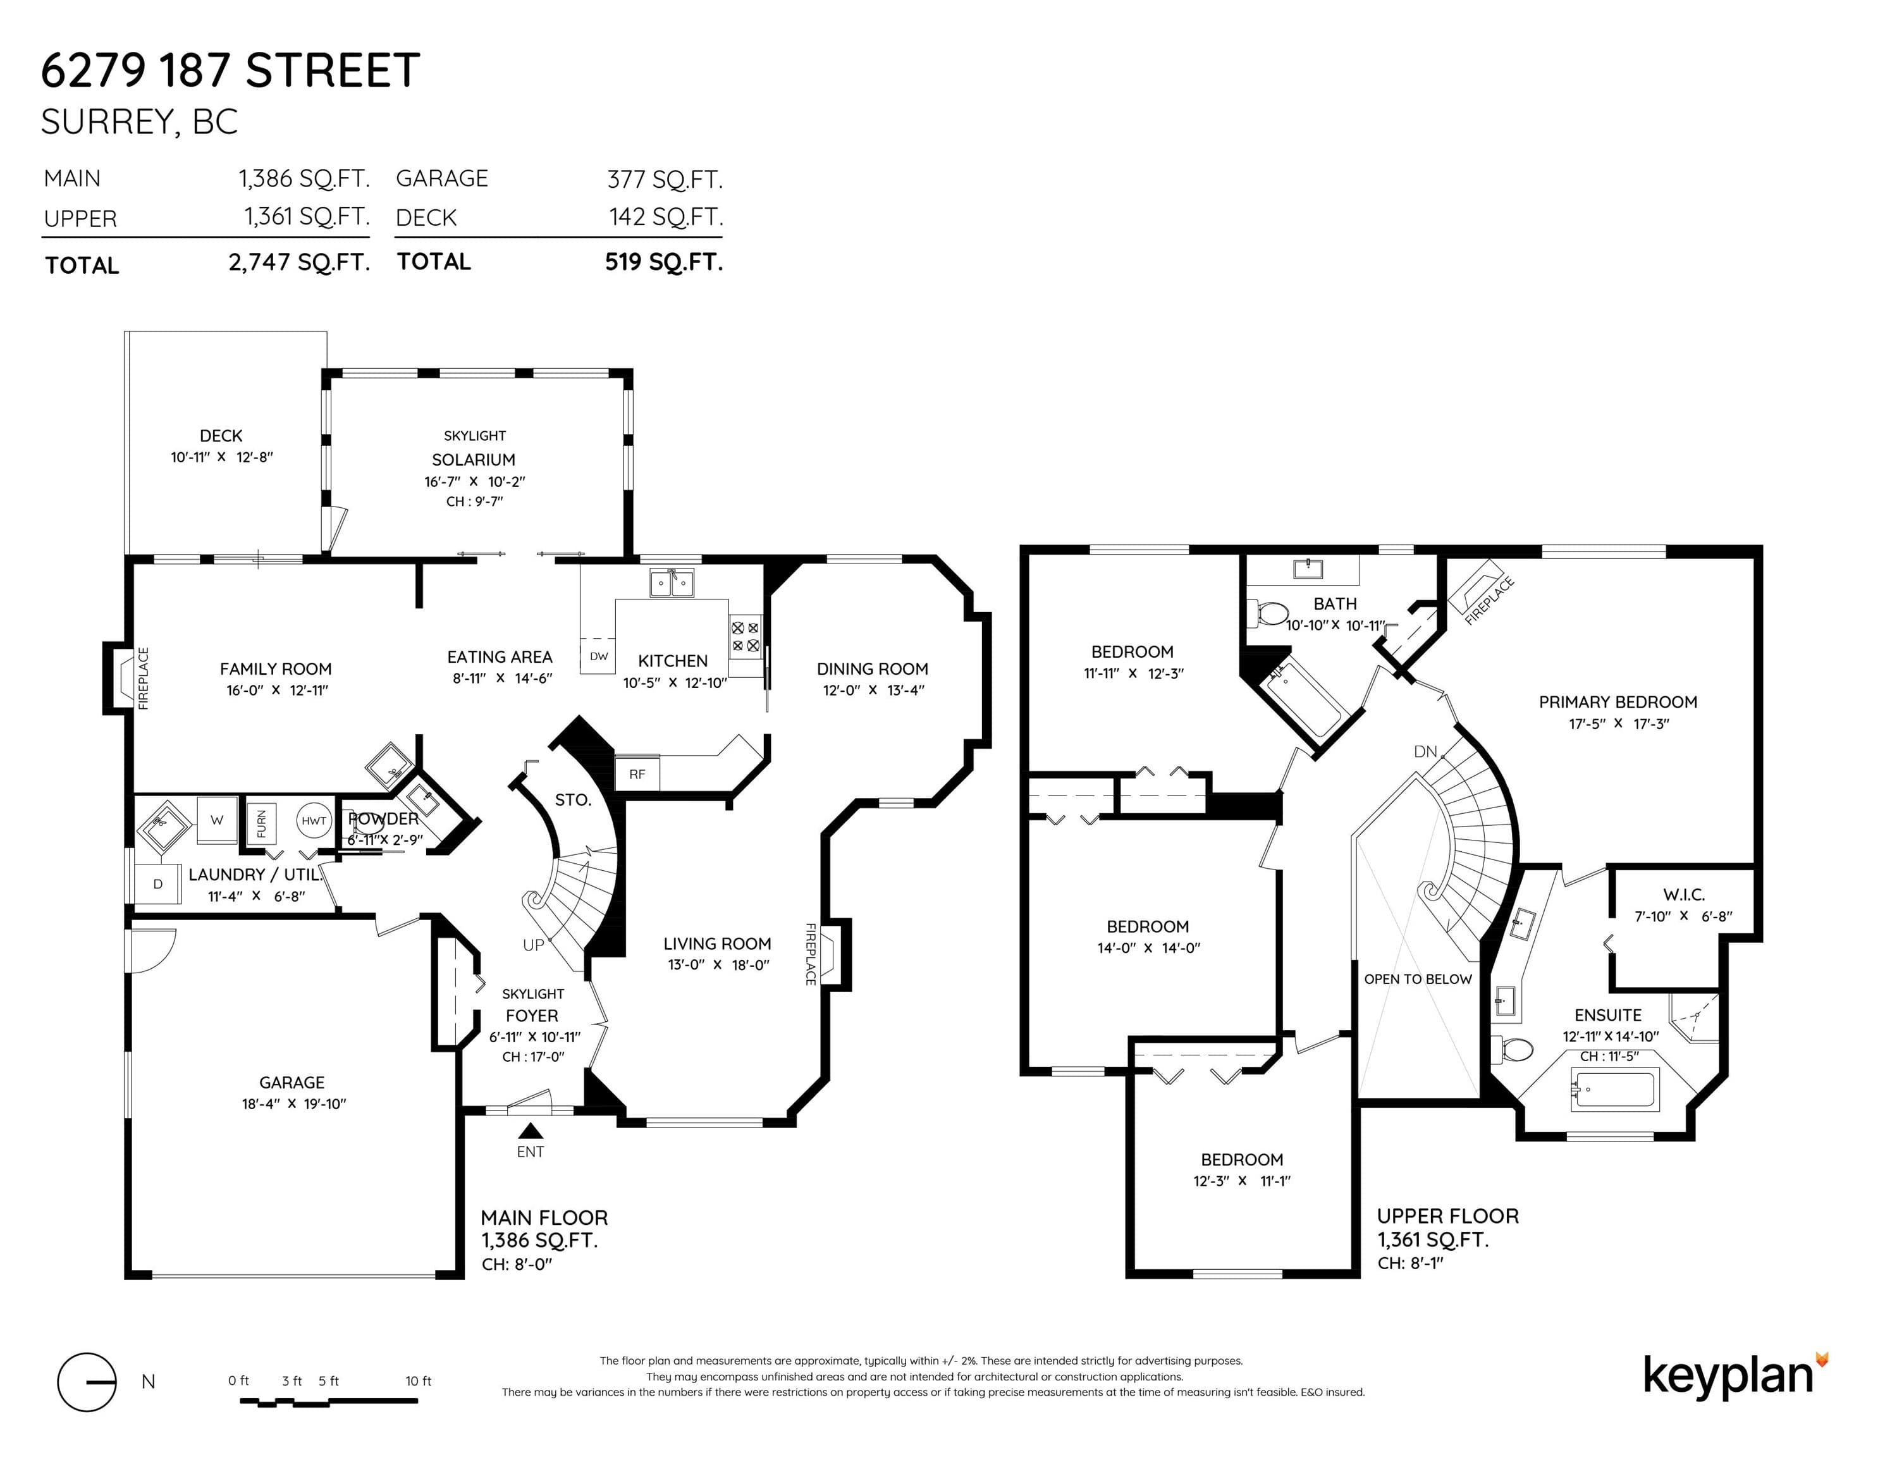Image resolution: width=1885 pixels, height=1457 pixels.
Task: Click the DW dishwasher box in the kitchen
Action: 598,656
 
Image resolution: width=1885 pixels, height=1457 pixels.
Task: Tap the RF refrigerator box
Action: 637,773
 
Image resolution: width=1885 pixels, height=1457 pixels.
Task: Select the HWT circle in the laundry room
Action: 314,821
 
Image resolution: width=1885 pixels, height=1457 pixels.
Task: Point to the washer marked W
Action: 217,820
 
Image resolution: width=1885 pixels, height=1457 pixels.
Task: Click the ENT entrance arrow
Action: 530,1130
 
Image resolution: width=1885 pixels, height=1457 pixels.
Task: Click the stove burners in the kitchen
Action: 746,637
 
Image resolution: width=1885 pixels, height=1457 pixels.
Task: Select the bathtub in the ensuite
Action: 1614,1090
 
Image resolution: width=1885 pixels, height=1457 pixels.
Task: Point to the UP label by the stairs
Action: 534,945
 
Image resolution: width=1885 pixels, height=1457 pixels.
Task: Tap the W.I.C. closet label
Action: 1683,894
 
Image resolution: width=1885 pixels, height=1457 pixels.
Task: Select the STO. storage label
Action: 573,800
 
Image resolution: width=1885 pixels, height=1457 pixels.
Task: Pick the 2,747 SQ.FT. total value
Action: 300,262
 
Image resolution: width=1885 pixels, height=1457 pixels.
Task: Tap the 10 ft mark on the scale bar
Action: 418,1381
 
